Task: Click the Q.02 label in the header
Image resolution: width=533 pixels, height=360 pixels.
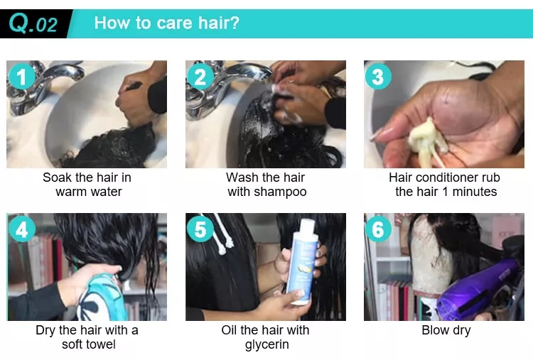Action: point(33,23)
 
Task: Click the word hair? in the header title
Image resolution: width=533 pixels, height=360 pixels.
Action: point(219,23)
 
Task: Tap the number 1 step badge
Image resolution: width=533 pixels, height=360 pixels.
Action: point(22,77)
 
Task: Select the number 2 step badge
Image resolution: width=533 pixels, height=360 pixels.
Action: point(200,77)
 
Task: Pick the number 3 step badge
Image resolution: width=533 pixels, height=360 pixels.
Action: point(378,77)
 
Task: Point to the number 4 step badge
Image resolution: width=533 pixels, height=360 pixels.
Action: point(22,229)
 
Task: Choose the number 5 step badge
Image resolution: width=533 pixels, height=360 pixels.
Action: point(200,229)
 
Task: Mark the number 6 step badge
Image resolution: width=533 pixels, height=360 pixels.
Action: point(378,229)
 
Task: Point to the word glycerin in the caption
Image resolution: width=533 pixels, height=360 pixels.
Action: point(266,344)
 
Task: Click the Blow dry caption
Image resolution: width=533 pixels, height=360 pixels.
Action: point(446,330)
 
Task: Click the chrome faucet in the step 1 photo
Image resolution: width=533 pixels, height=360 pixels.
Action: point(44,87)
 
